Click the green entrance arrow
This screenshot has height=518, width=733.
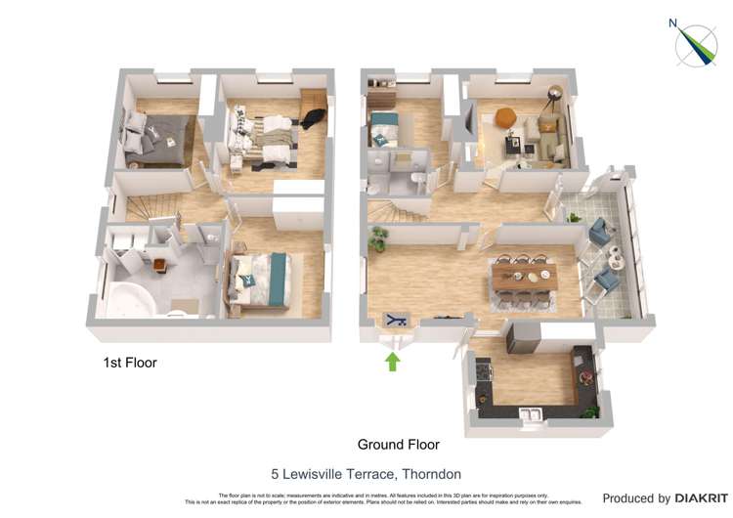[x=393, y=362]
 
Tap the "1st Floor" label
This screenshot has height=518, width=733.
[x=130, y=363]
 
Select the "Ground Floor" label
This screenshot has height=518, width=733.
[x=398, y=445]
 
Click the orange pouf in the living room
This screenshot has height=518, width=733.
[x=505, y=116]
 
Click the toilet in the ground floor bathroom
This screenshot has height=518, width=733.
[x=417, y=179]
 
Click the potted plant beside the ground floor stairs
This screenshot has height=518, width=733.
[x=377, y=237]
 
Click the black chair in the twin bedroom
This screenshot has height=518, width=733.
[x=311, y=117]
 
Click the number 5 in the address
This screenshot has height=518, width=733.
[x=275, y=474]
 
